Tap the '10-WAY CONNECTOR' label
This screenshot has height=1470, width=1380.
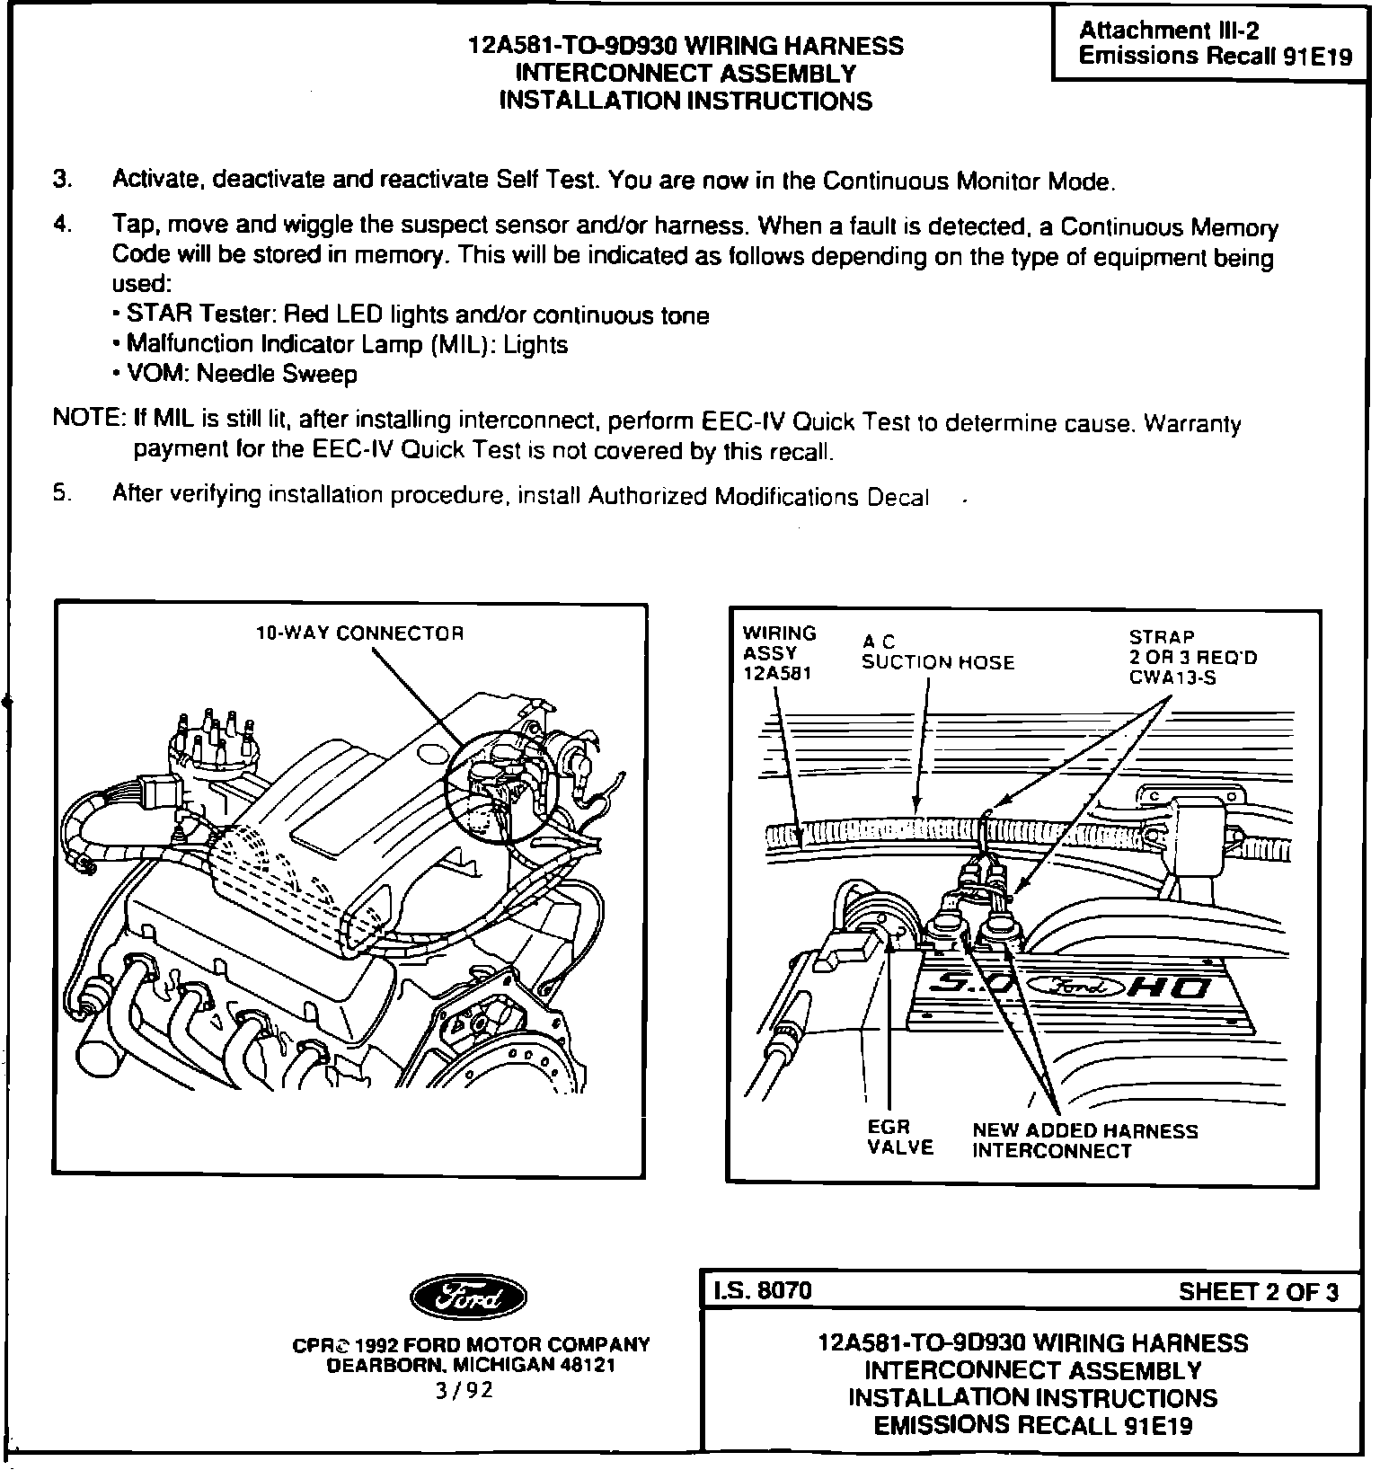[x=360, y=633]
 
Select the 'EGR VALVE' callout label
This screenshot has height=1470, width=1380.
[x=900, y=1137]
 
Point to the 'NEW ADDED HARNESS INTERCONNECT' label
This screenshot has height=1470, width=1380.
[x=1084, y=1141]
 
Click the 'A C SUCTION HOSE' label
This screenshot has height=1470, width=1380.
[x=937, y=653]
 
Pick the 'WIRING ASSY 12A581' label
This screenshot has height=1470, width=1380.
[x=778, y=653]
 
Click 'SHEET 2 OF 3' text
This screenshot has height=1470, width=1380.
[x=1258, y=1292]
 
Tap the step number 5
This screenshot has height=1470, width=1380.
[x=60, y=493]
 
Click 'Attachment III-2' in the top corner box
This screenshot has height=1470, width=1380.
[x=1168, y=30]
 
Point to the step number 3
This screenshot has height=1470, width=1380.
[x=61, y=179]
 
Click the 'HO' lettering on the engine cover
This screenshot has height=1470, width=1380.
[x=1173, y=988]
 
